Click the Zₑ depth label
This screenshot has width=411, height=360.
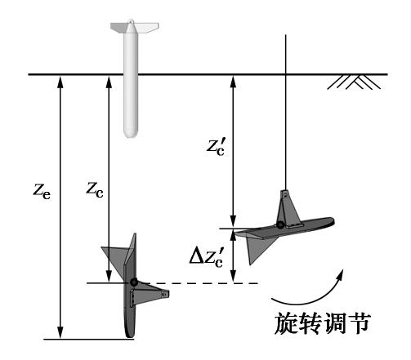42,192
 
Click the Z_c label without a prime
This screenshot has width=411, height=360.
95,189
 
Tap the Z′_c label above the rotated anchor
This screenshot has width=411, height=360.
216,147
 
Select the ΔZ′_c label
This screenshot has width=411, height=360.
207,258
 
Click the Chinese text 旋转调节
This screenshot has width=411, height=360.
322,323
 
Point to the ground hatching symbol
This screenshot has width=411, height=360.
354,82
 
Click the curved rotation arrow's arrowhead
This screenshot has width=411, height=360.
340,274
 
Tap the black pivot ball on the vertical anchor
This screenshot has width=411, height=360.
133,282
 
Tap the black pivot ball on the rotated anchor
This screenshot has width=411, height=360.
280,225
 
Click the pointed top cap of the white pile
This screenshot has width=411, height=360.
131,26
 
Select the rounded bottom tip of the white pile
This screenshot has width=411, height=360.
131,133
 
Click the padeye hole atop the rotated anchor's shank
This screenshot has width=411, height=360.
285,194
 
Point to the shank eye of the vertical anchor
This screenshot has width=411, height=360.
164,295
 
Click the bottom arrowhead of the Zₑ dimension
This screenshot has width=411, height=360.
60,332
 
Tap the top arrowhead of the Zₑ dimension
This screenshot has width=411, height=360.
60,81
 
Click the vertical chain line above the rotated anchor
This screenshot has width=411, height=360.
285,112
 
